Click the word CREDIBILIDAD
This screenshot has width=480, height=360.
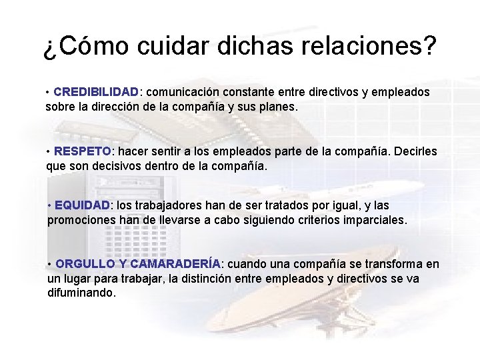point(96,91)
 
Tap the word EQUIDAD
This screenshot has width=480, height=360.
point(83,205)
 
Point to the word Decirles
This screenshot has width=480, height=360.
point(415,151)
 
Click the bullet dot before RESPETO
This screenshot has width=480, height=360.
point(49,151)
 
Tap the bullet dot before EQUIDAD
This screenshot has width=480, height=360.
point(49,205)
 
